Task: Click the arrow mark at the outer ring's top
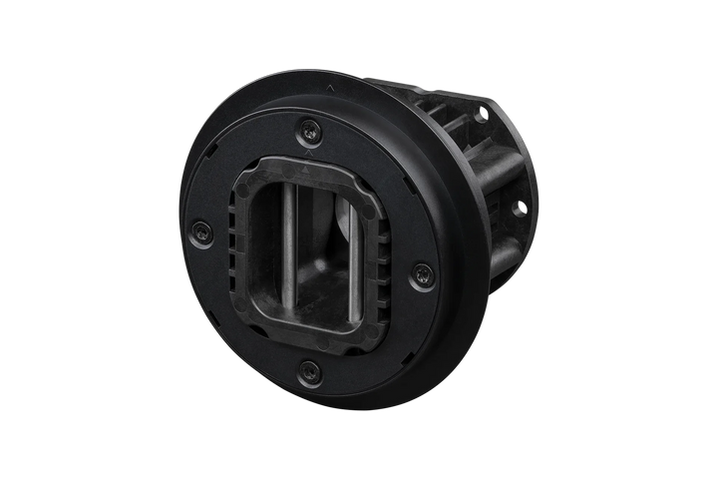click(x=329, y=87)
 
